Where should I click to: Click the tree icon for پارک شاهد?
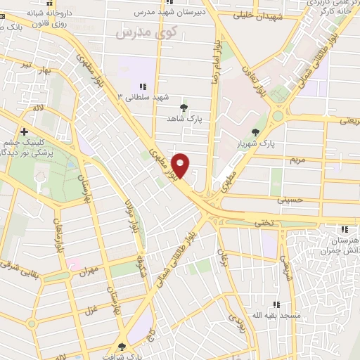pos(184,108)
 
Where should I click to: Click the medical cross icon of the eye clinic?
pos(25,131)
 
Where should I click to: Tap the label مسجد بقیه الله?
pos(280,316)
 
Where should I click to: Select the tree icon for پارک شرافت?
pos(122,346)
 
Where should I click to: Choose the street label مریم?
pos(297,160)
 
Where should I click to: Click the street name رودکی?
pos(236,320)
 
